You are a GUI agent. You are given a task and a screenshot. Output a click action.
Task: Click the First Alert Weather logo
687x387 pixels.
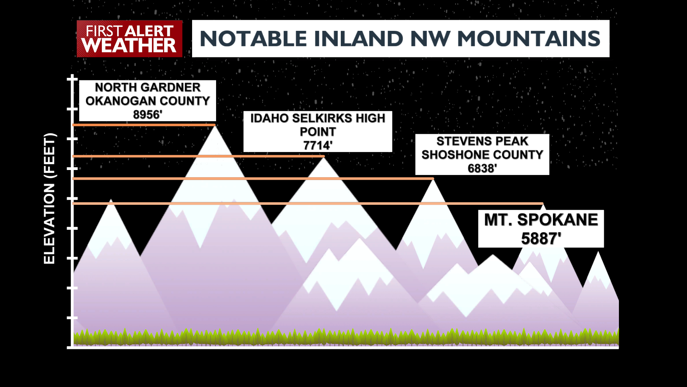tap(129, 39)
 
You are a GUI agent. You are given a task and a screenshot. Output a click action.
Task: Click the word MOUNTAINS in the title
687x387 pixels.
tap(529, 39)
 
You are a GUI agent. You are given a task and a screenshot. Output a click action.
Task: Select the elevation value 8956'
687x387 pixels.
tap(148, 115)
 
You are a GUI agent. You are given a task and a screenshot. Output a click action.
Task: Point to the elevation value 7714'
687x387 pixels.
tap(318, 146)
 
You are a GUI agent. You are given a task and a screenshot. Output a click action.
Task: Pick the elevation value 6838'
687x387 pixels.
tap(482, 169)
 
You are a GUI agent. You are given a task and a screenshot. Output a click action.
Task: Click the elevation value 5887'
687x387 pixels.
tap(541, 239)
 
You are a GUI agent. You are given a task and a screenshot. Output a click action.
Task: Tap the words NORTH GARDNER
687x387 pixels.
tap(148, 87)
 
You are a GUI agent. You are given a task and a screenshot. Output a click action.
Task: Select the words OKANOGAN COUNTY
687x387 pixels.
tap(148, 101)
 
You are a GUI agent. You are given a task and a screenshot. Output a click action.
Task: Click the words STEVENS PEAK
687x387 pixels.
tap(482, 141)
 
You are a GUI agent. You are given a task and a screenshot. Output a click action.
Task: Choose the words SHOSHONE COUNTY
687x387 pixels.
tap(482, 155)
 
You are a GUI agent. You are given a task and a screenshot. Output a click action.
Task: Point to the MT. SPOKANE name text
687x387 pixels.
tap(541, 220)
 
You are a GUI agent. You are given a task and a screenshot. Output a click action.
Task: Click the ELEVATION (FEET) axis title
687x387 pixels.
tap(49, 198)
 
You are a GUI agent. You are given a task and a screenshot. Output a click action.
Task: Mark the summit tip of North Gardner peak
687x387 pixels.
tap(215, 126)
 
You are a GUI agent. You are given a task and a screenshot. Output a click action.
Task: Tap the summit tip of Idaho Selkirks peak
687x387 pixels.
tap(324, 157)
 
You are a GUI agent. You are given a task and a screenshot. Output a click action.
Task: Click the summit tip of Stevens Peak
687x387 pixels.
tap(433, 179)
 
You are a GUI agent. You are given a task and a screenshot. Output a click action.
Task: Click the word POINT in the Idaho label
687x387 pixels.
tap(318, 132)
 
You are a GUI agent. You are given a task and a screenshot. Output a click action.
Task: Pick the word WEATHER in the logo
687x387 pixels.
tap(129, 46)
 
